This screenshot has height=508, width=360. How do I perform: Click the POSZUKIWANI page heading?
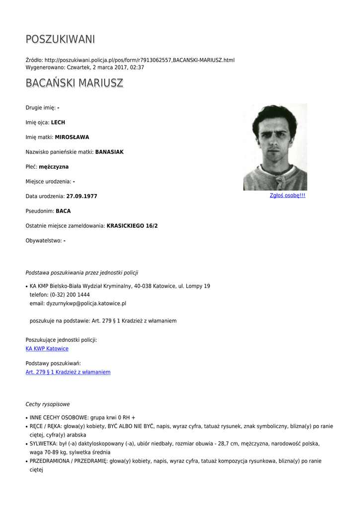pyautogui.click(x=60, y=39)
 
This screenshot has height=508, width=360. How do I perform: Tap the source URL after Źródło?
pyautogui.click(x=140, y=60)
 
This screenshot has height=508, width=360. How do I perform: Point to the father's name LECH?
pyautogui.click(x=58, y=123)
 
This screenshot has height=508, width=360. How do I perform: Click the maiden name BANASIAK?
pyautogui.click(x=109, y=152)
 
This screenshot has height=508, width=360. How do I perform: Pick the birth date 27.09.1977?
pyautogui.click(x=82, y=196)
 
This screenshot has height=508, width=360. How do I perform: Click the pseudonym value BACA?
pyautogui.click(x=63, y=211)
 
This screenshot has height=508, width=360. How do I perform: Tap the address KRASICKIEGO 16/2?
pyautogui.click(x=132, y=226)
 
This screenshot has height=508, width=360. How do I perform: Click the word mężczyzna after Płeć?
pyautogui.click(x=54, y=167)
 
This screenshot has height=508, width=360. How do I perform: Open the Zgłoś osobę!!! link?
pyautogui.click(x=288, y=195)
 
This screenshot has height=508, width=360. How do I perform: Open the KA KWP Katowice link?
pyautogui.click(x=47, y=349)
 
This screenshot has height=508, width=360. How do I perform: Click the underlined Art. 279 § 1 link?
pyautogui.click(x=68, y=372)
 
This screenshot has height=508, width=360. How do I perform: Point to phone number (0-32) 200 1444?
pyautogui.click(x=70, y=295)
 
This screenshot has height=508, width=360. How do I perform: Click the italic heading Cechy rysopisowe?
pyautogui.click(x=48, y=404)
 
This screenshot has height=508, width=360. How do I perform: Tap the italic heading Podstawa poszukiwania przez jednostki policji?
pyautogui.click(x=82, y=273)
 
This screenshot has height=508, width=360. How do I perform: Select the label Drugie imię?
pyautogui.click(x=40, y=108)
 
